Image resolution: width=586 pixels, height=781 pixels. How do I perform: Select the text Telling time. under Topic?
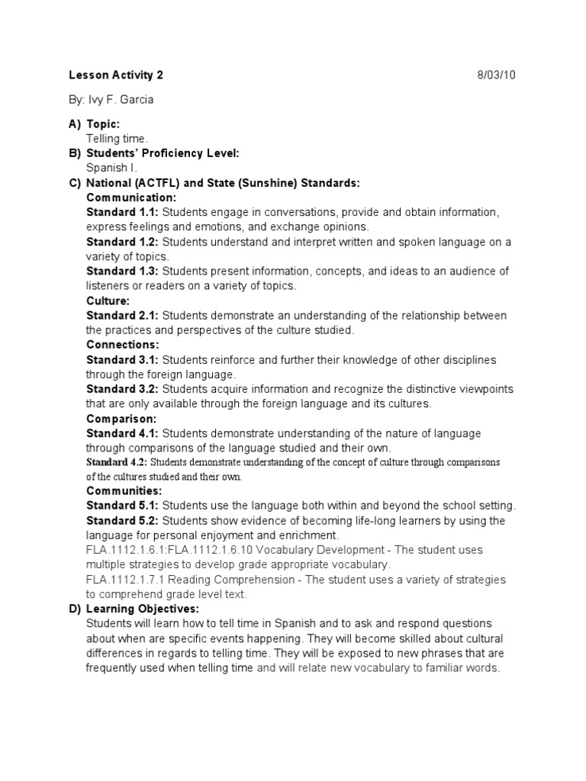tap(117, 139)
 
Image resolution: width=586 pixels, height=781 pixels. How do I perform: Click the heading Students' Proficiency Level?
tap(163, 153)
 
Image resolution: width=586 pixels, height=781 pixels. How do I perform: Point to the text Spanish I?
tap(112, 168)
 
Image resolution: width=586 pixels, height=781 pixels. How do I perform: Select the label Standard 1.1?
tap(122, 212)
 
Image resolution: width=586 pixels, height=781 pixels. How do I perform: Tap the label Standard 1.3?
tap(122, 271)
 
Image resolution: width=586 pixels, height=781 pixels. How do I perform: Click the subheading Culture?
tap(108, 301)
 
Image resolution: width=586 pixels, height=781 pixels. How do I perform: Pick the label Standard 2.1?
tap(122, 316)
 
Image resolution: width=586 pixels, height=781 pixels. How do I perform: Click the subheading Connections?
tap(123, 345)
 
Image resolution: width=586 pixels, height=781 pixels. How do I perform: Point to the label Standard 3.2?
tap(122, 389)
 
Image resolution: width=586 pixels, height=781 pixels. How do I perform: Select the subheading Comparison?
tap(121, 419)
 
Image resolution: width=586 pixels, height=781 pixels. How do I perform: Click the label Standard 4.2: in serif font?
tap(117, 462)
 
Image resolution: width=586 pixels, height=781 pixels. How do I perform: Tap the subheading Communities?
tap(124, 491)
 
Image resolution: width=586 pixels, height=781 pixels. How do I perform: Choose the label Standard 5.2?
tap(122, 521)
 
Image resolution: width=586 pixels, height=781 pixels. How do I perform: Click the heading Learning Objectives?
tap(143, 609)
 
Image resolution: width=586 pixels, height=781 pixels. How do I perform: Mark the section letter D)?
tap(74, 609)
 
